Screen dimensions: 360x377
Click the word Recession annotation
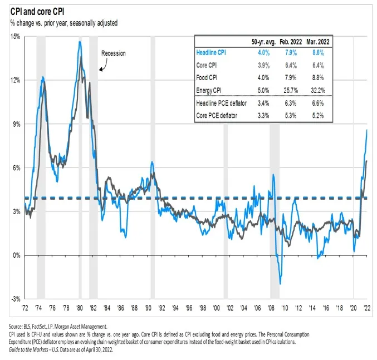[113, 53]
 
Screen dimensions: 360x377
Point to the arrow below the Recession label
[102, 68]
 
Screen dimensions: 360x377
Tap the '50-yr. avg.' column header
[265, 42]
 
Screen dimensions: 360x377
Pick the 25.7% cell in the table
[296, 89]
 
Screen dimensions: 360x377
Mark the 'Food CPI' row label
[209, 77]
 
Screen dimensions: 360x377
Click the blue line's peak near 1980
[80, 42]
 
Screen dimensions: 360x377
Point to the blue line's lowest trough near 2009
[280, 284]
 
